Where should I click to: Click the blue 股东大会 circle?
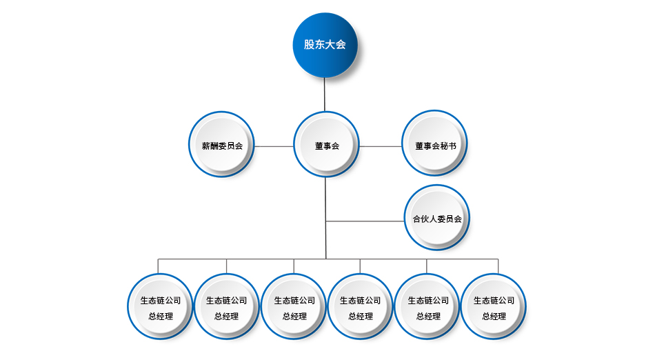pyautogui.click(x=325, y=45)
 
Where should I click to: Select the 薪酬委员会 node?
pyautogui.click(x=222, y=146)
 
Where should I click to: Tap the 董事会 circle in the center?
pyautogui.click(x=326, y=146)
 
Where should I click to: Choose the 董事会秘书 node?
pyautogui.click(x=435, y=146)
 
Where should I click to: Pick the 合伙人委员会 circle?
pyautogui.click(x=437, y=219)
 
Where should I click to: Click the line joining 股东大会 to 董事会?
pyautogui.click(x=325, y=94)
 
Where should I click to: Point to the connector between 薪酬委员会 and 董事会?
pyautogui.click(x=274, y=146)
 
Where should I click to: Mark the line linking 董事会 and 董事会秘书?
pyautogui.click(x=380, y=146)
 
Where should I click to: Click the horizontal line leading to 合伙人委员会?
pyautogui.click(x=365, y=221)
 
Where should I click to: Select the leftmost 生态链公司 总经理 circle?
pyautogui.click(x=161, y=307)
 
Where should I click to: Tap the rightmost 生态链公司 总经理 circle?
pyautogui.click(x=494, y=307)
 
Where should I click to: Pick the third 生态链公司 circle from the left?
pyautogui.click(x=294, y=307)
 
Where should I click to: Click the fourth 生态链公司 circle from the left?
pyautogui.click(x=360, y=307)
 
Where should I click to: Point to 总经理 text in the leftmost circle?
pyautogui.click(x=161, y=317)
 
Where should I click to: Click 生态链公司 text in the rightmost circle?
pyautogui.click(x=494, y=301)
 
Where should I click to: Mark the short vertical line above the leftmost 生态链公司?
pyautogui.click(x=158, y=266)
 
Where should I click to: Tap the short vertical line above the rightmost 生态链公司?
pyautogui.click(x=498, y=266)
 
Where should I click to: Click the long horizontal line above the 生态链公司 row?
pyautogui.click(x=262, y=259)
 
